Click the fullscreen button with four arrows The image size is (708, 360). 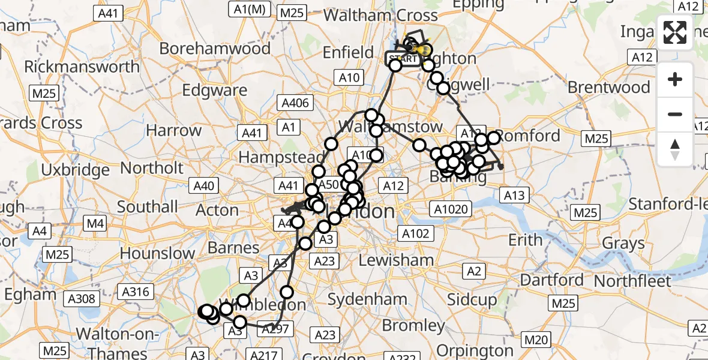click(675, 32)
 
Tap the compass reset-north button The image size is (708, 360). click(675, 148)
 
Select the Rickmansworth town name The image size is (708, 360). click(82, 66)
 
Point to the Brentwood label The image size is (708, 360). click(608, 88)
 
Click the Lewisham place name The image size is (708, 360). click(396, 260)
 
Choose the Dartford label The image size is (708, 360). click(551, 280)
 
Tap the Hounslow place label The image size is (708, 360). click(157, 253)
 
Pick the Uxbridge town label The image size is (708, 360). click(68, 170)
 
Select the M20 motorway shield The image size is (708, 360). click(535, 340)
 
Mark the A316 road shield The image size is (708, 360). click(134, 292)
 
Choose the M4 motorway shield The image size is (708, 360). click(96, 224)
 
